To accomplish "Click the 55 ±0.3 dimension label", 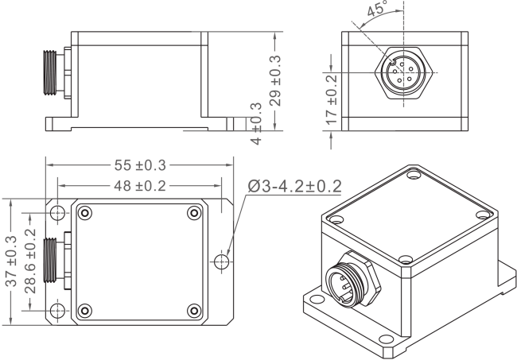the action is [x=140, y=165].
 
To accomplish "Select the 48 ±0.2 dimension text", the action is [x=140, y=186].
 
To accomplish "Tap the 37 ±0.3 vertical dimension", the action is [x=11, y=261].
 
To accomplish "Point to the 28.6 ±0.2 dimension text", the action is [x=30, y=261].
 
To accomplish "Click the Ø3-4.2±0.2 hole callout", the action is [x=294, y=187].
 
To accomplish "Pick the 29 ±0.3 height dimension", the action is [x=275, y=81].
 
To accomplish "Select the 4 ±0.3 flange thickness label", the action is [x=256, y=123].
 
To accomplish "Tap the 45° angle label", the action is [x=378, y=8].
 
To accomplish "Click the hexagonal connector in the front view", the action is [x=403, y=72].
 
